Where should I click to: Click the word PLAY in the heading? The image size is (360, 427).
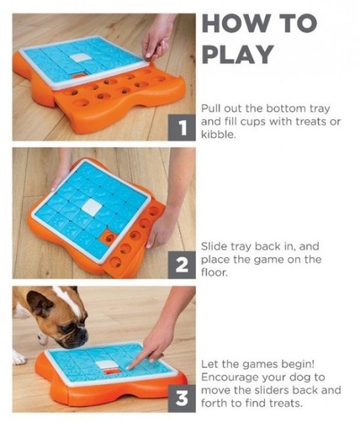[x=238, y=54]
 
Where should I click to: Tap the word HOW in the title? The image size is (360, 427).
[x=235, y=23]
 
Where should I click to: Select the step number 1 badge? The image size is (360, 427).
[x=181, y=128]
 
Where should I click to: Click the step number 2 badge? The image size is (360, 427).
[x=181, y=265]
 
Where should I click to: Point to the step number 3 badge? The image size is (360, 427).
[x=181, y=398]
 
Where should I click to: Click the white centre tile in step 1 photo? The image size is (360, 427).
[x=78, y=58]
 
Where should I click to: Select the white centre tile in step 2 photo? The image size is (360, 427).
[x=91, y=206]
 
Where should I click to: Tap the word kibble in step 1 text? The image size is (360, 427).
[x=218, y=134]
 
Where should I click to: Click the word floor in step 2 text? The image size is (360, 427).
[x=214, y=272]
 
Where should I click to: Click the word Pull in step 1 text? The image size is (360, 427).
[x=210, y=108]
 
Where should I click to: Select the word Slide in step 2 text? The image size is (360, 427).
[x=214, y=246]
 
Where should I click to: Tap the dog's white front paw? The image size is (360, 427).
[x=19, y=357]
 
